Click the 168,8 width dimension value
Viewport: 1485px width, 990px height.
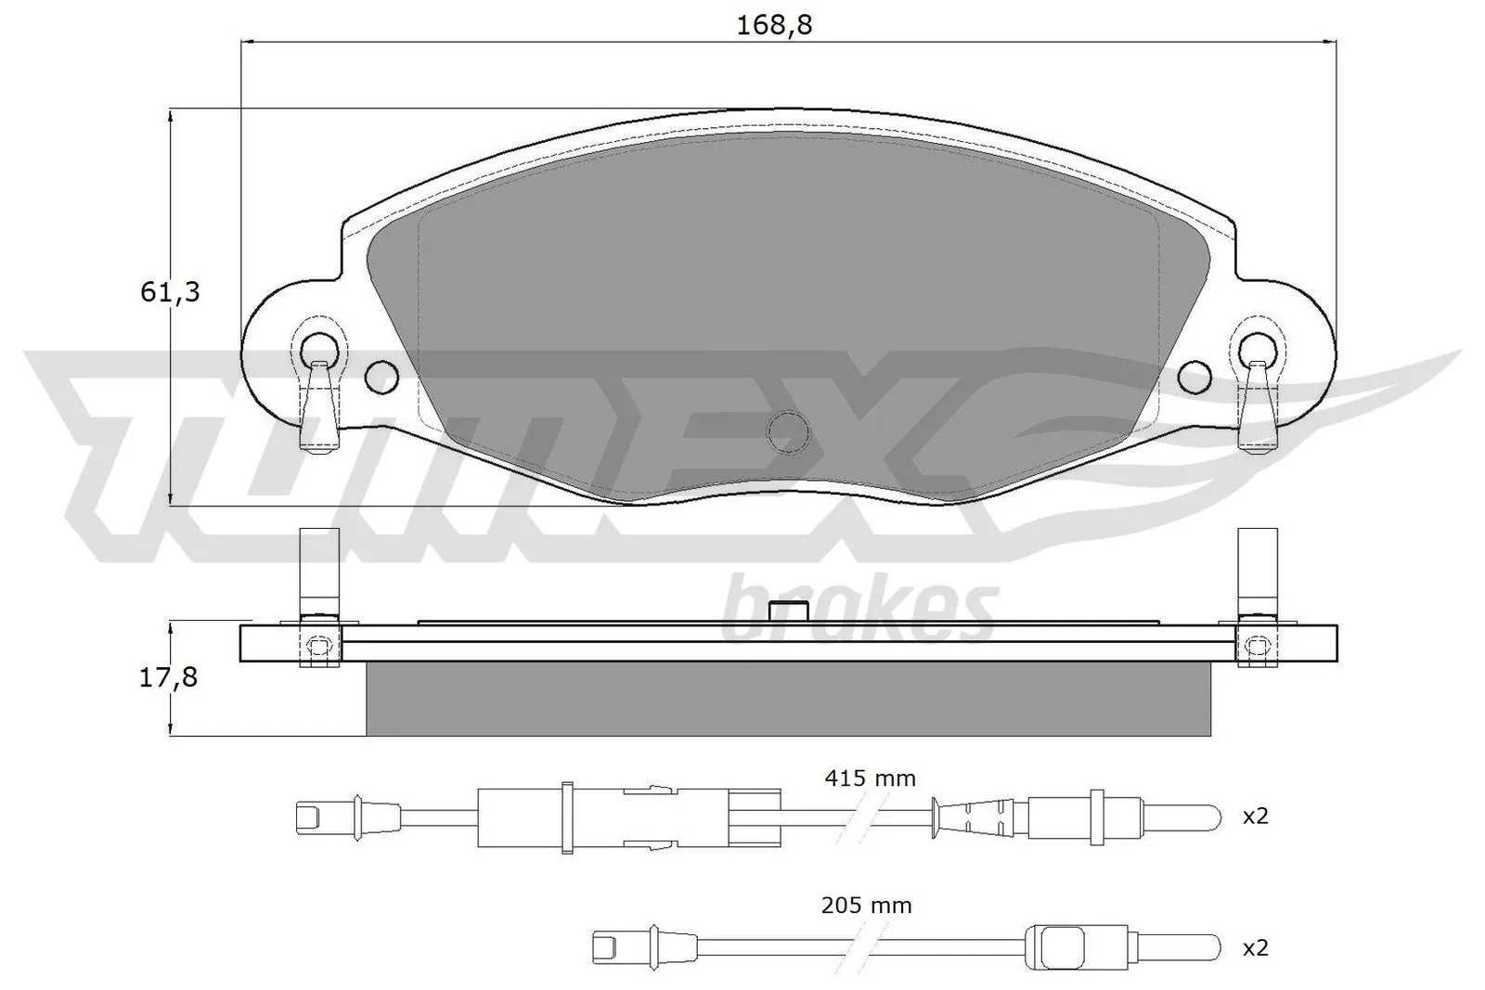coord(774,25)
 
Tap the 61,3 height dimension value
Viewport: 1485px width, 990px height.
coord(170,292)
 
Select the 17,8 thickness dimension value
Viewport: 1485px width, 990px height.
coord(168,677)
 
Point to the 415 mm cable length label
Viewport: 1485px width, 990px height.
coord(870,778)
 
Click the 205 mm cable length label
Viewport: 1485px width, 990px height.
coord(866,905)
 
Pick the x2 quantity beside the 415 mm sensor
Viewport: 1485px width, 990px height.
coord(1255,816)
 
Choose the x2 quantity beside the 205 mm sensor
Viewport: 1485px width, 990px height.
coord(1255,947)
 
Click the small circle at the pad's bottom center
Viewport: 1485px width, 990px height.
coord(788,431)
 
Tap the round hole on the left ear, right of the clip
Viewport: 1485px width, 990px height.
coord(381,376)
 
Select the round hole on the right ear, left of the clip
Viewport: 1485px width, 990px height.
coord(1194,376)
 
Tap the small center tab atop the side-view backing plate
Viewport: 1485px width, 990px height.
coord(789,611)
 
